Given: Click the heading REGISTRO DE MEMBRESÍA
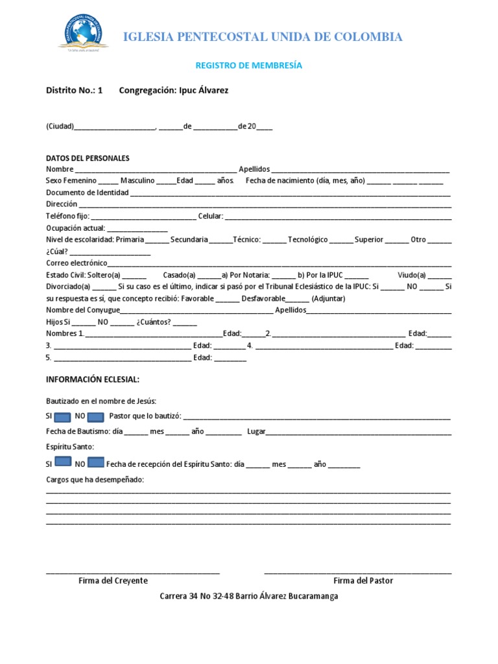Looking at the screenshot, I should point(248,65).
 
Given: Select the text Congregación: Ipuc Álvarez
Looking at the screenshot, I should point(173,90).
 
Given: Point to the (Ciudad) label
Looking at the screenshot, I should point(60,126).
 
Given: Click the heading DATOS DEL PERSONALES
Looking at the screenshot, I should point(88,158).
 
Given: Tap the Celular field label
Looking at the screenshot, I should point(210,216).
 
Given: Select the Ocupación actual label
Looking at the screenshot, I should point(75,228).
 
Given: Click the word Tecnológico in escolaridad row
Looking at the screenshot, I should point(307,239).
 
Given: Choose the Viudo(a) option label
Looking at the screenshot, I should point(412,275).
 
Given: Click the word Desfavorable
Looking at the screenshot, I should point(263,298).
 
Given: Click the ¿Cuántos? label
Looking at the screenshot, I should point(154,322).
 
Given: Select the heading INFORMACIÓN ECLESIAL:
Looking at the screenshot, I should point(92,379).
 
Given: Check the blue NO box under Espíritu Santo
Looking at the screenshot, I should point(95,463).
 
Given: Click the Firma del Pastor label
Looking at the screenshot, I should point(363,580).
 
